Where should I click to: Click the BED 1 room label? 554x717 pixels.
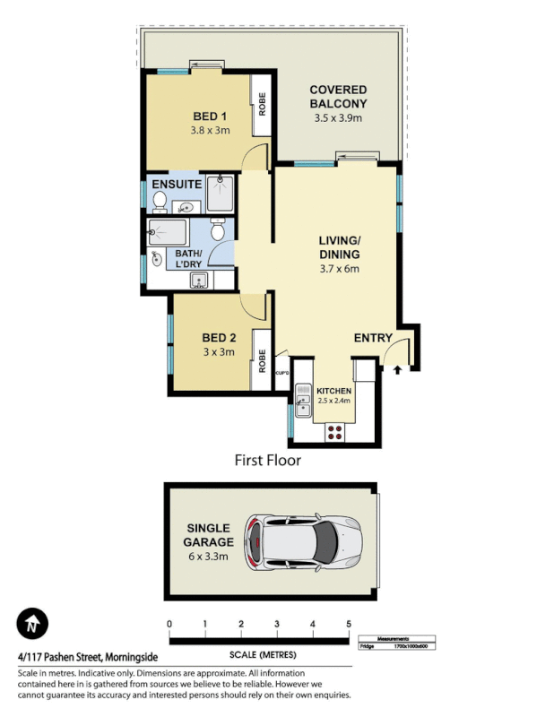pos(210,117)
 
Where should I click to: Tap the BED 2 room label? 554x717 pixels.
pos(218,338)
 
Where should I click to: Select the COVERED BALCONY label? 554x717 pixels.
pos(338,97)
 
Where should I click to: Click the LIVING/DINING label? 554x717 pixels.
pos(339,247)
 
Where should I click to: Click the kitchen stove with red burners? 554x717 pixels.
pos(335,432)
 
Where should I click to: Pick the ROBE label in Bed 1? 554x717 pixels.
pos(263,106)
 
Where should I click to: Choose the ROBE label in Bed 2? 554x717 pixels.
pos(263,361)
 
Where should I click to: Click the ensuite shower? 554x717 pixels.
pos(220,192)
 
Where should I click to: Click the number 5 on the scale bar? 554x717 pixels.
pos(348,624)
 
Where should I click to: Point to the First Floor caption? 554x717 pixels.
pos(267,461)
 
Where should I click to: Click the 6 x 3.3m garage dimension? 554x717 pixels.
pos(208,557)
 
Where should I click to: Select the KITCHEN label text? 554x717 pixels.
pos(333,392)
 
